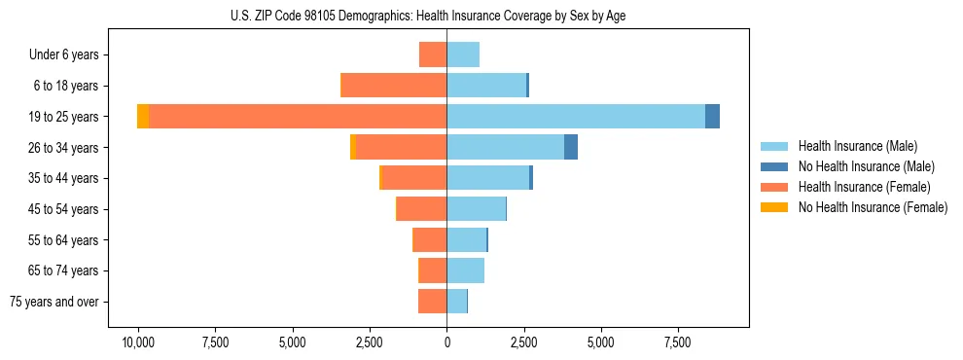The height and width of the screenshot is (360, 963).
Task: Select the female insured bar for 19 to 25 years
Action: pyautogui.click(x=298, y=117)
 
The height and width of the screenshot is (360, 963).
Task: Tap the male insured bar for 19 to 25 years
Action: pyautogui.click(x=576, y=117)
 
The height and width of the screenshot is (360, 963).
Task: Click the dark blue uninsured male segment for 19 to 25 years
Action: pyautogui.click(x=713, y=117)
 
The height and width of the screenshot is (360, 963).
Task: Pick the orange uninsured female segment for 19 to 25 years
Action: pyautogui.click(x=143, y=117)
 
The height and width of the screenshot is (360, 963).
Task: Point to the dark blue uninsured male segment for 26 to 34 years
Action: pyautogui.click(x=571, y=147)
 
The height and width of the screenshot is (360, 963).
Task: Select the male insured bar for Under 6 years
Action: pyautogui.click(x=463, y=54)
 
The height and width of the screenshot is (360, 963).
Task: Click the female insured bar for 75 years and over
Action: pyautogui.click(x=433, y=302)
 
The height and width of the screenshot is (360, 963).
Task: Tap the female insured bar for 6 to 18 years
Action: pyautogui.click(x=394, y=86)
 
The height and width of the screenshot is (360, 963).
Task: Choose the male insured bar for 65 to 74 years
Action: pyautogui.click(x=466, y=270)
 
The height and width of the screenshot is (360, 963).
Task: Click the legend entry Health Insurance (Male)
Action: pyautogui.click(x=856, y=146)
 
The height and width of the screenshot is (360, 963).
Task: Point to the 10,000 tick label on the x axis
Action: pyautogui.click(x=138, y=342)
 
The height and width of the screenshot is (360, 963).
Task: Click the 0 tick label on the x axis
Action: pyautogui.click(x=446, y=342)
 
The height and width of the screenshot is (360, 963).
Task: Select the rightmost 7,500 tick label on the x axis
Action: pyautogui.click(x=678, y=342)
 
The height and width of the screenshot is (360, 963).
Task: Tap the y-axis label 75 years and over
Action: pyautogui.click(x=54, y=302)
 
